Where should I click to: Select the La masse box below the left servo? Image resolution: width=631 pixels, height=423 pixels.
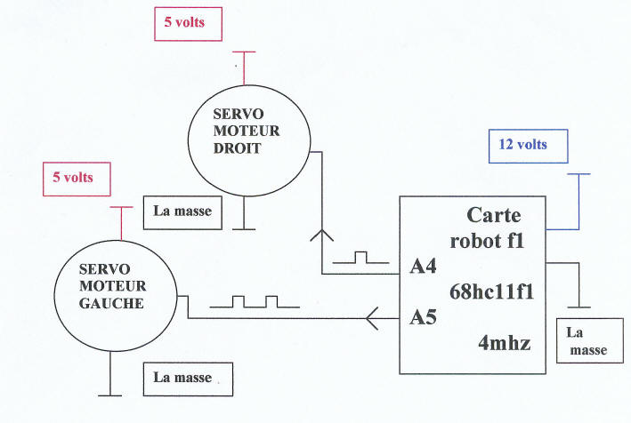click(189, 377)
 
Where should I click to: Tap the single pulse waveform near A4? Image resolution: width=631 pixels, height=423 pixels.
click(360, 259)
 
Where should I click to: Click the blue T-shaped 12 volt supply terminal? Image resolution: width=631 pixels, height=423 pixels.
click(580, 175)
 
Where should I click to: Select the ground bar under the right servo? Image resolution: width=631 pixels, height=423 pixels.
click(245, 228)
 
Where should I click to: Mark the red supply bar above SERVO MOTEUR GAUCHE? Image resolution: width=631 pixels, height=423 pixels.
click(121, 208)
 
